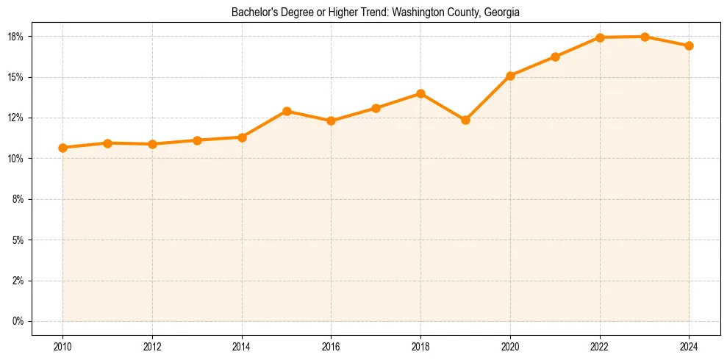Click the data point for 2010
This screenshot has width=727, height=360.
(x=62, y=148)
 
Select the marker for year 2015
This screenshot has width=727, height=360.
(x=287, y=111)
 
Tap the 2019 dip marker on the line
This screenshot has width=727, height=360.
(x=465, y=120)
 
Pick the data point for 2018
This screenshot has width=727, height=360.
(x=420, y=93)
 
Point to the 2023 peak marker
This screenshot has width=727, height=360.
(x=645, y=37)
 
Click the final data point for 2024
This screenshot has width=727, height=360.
(x=689, y=46)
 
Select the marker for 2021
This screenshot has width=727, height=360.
(x=555, y=57)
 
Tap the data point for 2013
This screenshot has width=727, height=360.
(x=197, y=140)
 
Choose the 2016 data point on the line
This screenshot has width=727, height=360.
(x=331, y=120)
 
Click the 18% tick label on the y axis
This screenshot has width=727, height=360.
(x=17, y=37)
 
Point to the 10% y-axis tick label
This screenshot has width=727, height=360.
(x=17, y=159)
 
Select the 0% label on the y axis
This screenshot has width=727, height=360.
(x=19, y=321)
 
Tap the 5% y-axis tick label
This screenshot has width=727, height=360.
(x=19, y=240)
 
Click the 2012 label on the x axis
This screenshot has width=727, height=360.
(x=152, y=347)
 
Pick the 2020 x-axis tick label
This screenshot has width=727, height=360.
(x=510, y=347)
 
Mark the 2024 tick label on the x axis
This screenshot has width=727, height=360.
(x=689, y=347)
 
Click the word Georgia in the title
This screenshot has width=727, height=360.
(x=502, y=12)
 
